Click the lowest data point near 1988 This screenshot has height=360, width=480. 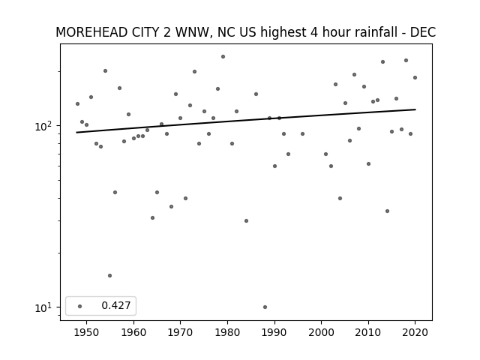[x=265, y=307]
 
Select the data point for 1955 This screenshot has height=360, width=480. [x=110, y=275]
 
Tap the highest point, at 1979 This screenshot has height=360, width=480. [x=223, y=57]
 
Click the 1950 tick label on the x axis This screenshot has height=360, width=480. [x=87, y=332]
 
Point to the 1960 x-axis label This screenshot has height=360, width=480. [x=133, y=332]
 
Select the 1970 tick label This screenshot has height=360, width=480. [x=181, y=332]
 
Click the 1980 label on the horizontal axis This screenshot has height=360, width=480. [x=228, y=332]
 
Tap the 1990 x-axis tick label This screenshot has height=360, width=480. [x=274, y=332]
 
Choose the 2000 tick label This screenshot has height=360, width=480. [x=322, y=332]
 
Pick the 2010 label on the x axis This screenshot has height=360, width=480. [x=368, y=332]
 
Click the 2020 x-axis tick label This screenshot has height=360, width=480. [x=415, y=332]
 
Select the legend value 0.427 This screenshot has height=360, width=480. [x=116, y=305]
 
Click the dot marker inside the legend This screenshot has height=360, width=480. [x=80, y=306]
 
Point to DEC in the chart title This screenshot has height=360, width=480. [x=423, y=32]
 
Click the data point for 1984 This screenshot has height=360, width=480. [x=247, y=220]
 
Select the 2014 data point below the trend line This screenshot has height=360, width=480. [x=387, y=211]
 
